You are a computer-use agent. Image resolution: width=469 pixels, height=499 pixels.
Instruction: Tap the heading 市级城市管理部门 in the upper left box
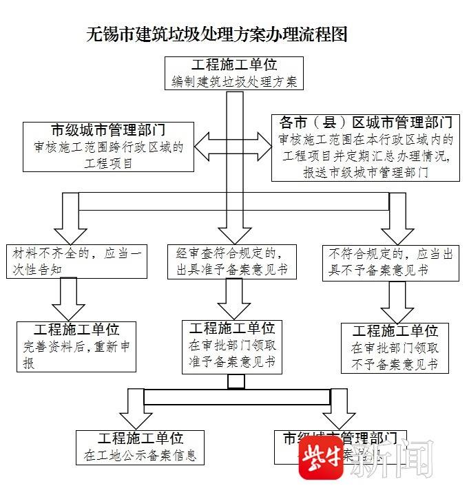point(109,130)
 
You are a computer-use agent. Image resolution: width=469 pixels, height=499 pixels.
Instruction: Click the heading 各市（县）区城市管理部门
point(366,123)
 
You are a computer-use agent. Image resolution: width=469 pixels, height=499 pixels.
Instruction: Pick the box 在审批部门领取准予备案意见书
point(233,346)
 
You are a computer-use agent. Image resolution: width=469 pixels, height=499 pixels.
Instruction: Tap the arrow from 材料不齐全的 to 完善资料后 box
point(68,298)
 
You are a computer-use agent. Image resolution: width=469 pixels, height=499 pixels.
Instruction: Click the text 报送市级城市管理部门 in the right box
point(366,172)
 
